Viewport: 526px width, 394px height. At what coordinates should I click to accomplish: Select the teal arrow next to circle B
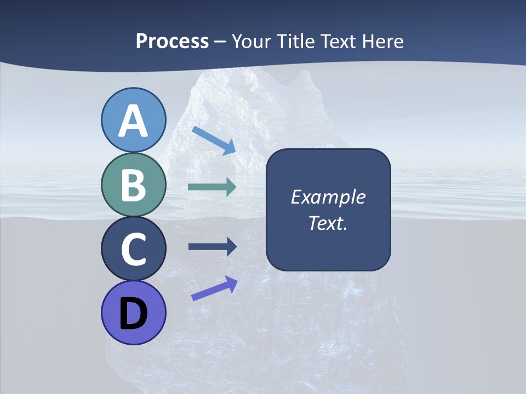point(212,187)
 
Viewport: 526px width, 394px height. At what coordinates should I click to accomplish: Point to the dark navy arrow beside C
point(212,247)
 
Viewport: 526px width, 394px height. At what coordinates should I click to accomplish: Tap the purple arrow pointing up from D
point(214,288)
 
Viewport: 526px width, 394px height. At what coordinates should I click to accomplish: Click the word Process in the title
point(172,41)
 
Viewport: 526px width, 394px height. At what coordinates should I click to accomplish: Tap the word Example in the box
point(328,197)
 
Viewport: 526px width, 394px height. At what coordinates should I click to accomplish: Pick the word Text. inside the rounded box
point(328,223)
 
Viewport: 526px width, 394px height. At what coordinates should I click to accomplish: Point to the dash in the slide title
point(220,42)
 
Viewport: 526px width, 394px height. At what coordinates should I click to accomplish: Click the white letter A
point(133,121)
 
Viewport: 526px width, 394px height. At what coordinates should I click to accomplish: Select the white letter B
point(133,185)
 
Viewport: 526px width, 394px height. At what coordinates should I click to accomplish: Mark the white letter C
point(133,250)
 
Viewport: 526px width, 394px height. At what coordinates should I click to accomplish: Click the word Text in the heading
point(340,41)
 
